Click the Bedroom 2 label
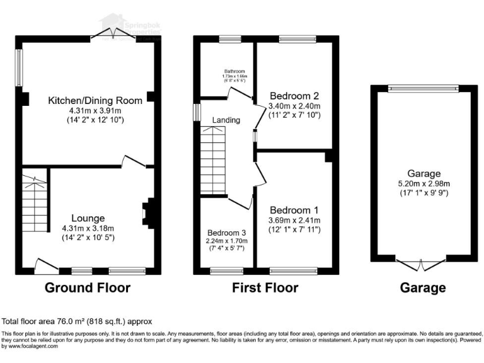pyautogui.click(x=294, y=96)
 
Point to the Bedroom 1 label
pyautogui.click(x=295, y=210)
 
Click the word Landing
pyautogui.click(x=226, y=120)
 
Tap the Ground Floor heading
pyautogui.click(x=87, y=288)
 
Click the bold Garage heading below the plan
pyautogui.click(x=423, y=288)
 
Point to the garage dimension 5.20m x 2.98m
pyautogui.click(x=423, y=184)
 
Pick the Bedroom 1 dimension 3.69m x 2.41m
pyautogui.click(x=295, y=220)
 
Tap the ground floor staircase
pyautogui.click(x=33, y=202)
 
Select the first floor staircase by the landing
pyautogui.click(x=212, y=158)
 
